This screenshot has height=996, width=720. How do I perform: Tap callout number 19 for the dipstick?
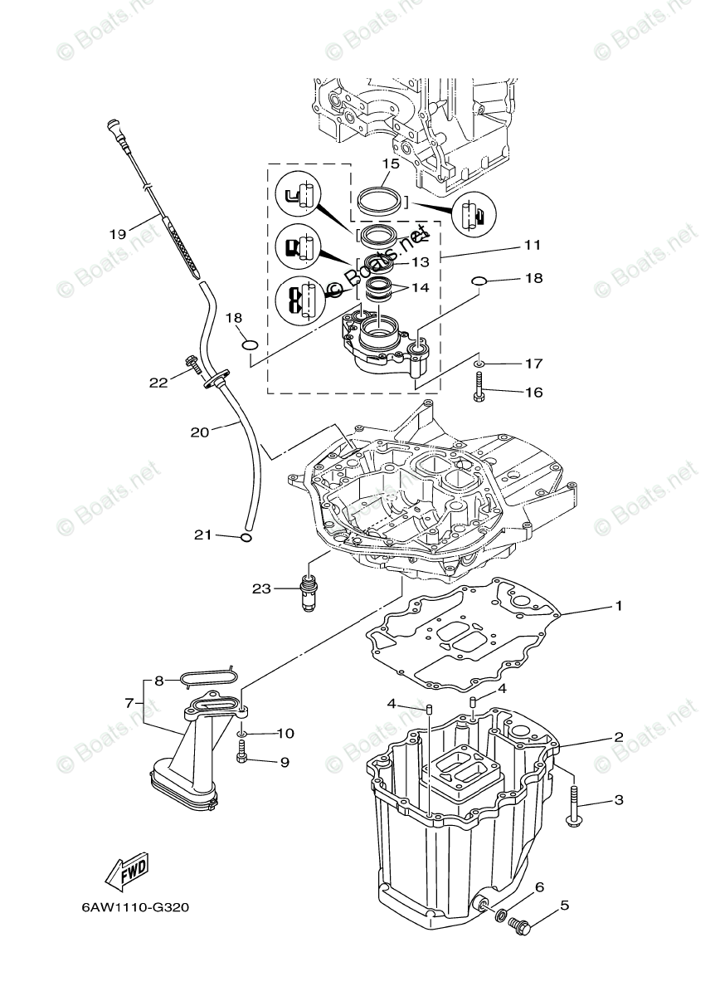117,233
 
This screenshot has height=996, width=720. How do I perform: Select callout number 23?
261,589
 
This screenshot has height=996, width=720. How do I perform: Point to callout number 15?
391,164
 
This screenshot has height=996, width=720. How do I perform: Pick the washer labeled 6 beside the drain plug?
500,915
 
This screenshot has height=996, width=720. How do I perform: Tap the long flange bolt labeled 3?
574,806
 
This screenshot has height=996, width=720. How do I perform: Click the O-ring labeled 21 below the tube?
245,537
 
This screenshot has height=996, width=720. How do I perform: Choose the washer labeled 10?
241,734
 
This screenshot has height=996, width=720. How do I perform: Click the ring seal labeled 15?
382,200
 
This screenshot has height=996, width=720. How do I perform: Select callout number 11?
532,245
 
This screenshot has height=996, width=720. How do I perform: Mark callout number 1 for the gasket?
618,607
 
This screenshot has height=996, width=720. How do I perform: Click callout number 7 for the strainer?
129,702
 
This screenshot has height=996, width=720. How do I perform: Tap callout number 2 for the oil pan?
618,737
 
